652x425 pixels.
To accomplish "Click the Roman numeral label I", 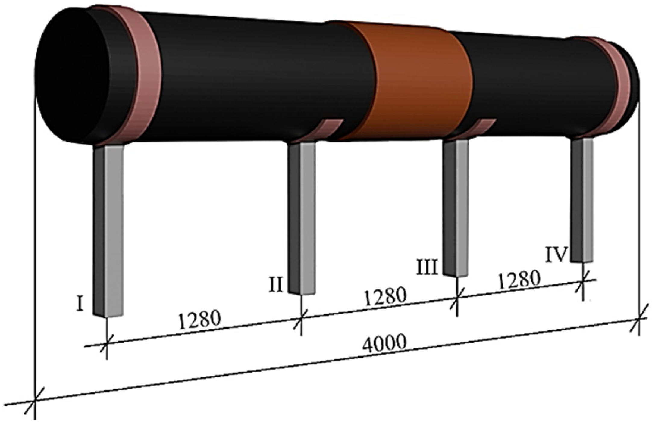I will click(80, 304).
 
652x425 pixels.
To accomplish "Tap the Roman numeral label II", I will click(276, 285).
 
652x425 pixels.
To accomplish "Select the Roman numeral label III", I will click(427, 267).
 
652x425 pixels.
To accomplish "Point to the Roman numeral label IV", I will click(557, 255).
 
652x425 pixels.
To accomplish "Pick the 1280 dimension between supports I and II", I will click(199, 320).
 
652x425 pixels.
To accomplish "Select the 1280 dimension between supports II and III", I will click(385, 296).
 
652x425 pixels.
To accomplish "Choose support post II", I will click(302, 217).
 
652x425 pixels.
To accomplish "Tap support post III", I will click(456, 208).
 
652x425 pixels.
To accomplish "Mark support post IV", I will click(582, 199).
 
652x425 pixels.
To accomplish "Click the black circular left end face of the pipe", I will click(72, 75).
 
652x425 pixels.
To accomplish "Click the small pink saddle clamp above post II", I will click(328, 128).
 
